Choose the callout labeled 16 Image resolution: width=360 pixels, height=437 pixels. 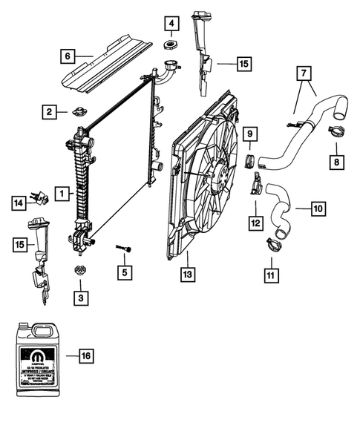(x=86, y=356)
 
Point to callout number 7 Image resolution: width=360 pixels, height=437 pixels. (x=302, y=74)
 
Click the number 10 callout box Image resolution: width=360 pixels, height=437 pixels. (x=317, y=210)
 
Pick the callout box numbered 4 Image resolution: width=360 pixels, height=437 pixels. (x=171, y=25)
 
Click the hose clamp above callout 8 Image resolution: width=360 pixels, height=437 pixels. (x=336, y=134)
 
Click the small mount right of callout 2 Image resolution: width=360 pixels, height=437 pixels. (x=77, y=113)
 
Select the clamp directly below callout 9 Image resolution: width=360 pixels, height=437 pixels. (x=250, y=161)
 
